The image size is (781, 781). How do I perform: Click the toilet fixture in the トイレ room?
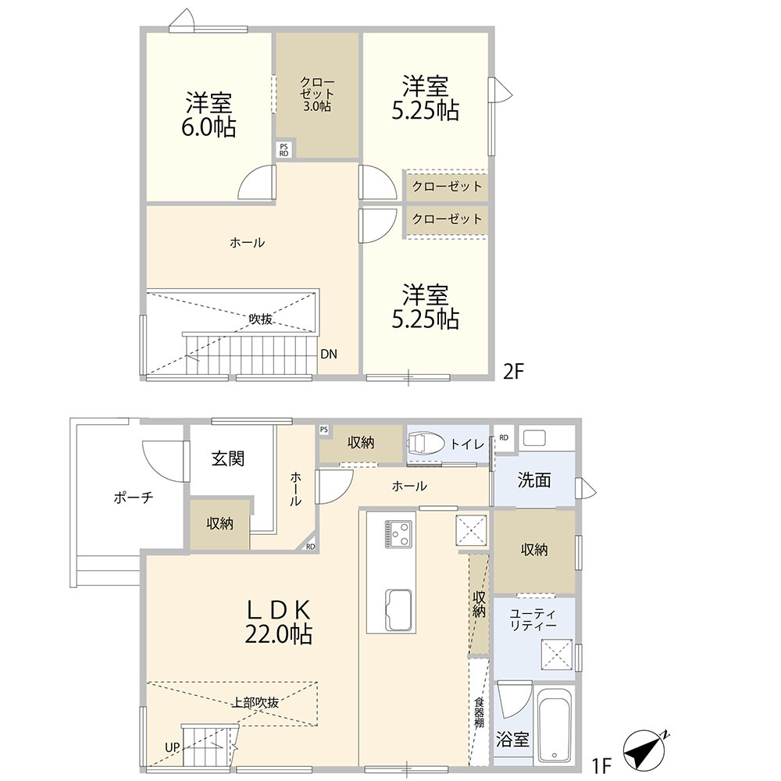point(426,442)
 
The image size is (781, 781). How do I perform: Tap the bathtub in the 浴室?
point(554,726)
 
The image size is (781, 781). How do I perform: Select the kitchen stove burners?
point(398,533)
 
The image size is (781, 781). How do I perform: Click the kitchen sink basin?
point(398,609)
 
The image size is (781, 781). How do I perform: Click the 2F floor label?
point(514,371)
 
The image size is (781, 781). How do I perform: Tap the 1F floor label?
point(601,765)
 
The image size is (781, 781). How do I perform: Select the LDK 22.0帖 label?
point(279,622)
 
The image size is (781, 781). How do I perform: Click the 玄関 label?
point(228,458)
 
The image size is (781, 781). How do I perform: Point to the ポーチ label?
point(133,497)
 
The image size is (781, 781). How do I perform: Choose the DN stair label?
point(329,354)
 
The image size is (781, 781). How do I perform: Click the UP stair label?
point(173,747)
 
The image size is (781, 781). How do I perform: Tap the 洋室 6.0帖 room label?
point(209,114)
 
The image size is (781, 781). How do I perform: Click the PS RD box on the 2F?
point(284,150)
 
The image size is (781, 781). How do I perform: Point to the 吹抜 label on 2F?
point(261,319)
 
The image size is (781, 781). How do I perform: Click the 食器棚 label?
point(480,712)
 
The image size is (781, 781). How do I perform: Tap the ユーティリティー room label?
point(533,619)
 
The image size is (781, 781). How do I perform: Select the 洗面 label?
point(534,480)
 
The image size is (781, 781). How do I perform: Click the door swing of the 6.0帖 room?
point(257,182)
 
